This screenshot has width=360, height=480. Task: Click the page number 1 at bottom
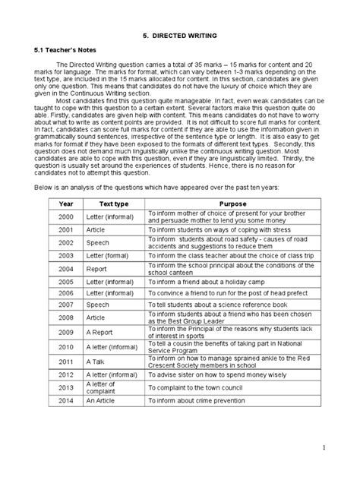tap(345, 448)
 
